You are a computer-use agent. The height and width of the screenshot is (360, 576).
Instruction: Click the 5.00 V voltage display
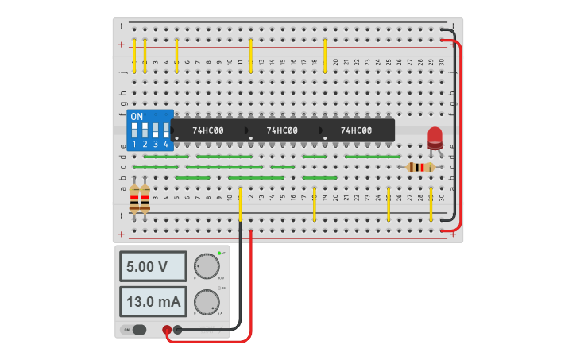153,267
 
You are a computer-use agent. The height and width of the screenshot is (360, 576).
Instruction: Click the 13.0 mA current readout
153,302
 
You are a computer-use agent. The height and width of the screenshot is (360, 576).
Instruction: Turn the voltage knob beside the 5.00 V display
207,266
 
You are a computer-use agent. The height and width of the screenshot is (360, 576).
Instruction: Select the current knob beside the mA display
207,302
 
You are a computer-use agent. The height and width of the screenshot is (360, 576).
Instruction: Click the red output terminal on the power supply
167,330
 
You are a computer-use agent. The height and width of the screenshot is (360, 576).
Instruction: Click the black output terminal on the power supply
178,330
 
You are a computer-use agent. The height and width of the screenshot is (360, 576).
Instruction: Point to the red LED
435,137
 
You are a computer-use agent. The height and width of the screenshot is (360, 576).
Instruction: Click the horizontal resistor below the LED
420,167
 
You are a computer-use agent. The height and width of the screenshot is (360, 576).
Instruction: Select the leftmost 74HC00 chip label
208,130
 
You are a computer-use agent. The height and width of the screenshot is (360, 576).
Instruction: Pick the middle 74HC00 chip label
282,130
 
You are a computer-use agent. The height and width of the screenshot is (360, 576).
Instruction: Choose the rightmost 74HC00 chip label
357,130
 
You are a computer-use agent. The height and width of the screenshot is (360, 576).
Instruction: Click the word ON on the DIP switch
137,117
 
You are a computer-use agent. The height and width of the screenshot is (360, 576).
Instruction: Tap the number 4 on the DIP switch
166,145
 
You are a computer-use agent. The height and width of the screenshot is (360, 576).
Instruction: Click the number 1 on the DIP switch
134,145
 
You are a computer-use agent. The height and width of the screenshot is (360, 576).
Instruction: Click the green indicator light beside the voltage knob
219,253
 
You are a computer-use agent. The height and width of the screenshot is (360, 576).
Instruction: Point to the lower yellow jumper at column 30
431,203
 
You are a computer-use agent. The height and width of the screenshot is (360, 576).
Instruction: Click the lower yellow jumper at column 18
315,203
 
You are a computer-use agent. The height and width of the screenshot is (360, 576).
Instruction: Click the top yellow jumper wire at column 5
176,56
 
